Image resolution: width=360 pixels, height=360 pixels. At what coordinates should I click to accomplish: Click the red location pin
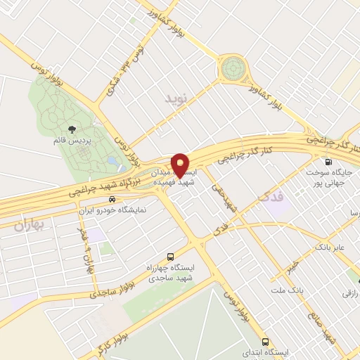pyautogui.click(x=181, y=164)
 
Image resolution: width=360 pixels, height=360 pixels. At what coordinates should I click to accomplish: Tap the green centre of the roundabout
pyautogui.click(x=233, y=70)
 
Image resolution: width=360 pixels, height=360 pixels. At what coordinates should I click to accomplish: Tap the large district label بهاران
pyautogui.click(x=27, y=225)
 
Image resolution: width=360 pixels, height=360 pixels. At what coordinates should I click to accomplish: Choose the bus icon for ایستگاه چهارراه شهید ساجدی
pyautogui.click(x=169, y=258)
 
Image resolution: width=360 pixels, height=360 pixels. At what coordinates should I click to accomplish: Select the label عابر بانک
pyautogui.click(x=330, y=247)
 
